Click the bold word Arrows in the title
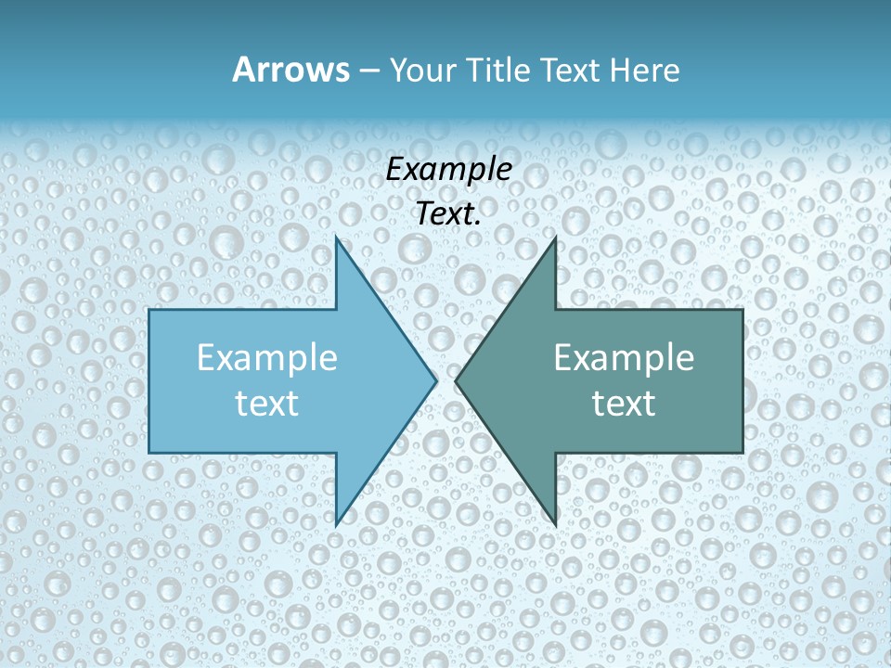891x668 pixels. (291, 70)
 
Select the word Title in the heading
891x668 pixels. (502, 71)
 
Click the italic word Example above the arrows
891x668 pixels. (448, 170)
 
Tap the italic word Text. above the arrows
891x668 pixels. (448, 213)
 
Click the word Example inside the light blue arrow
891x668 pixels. (267, 357)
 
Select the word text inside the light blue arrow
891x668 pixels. (267, 403)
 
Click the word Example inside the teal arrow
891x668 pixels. (624, 357)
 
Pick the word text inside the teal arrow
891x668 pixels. (624, 403)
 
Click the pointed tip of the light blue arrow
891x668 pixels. (436, 380)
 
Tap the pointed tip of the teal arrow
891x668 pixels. (456, 380)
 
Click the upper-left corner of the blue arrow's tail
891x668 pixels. (149, 310)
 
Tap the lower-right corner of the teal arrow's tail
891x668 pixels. (742, 452)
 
